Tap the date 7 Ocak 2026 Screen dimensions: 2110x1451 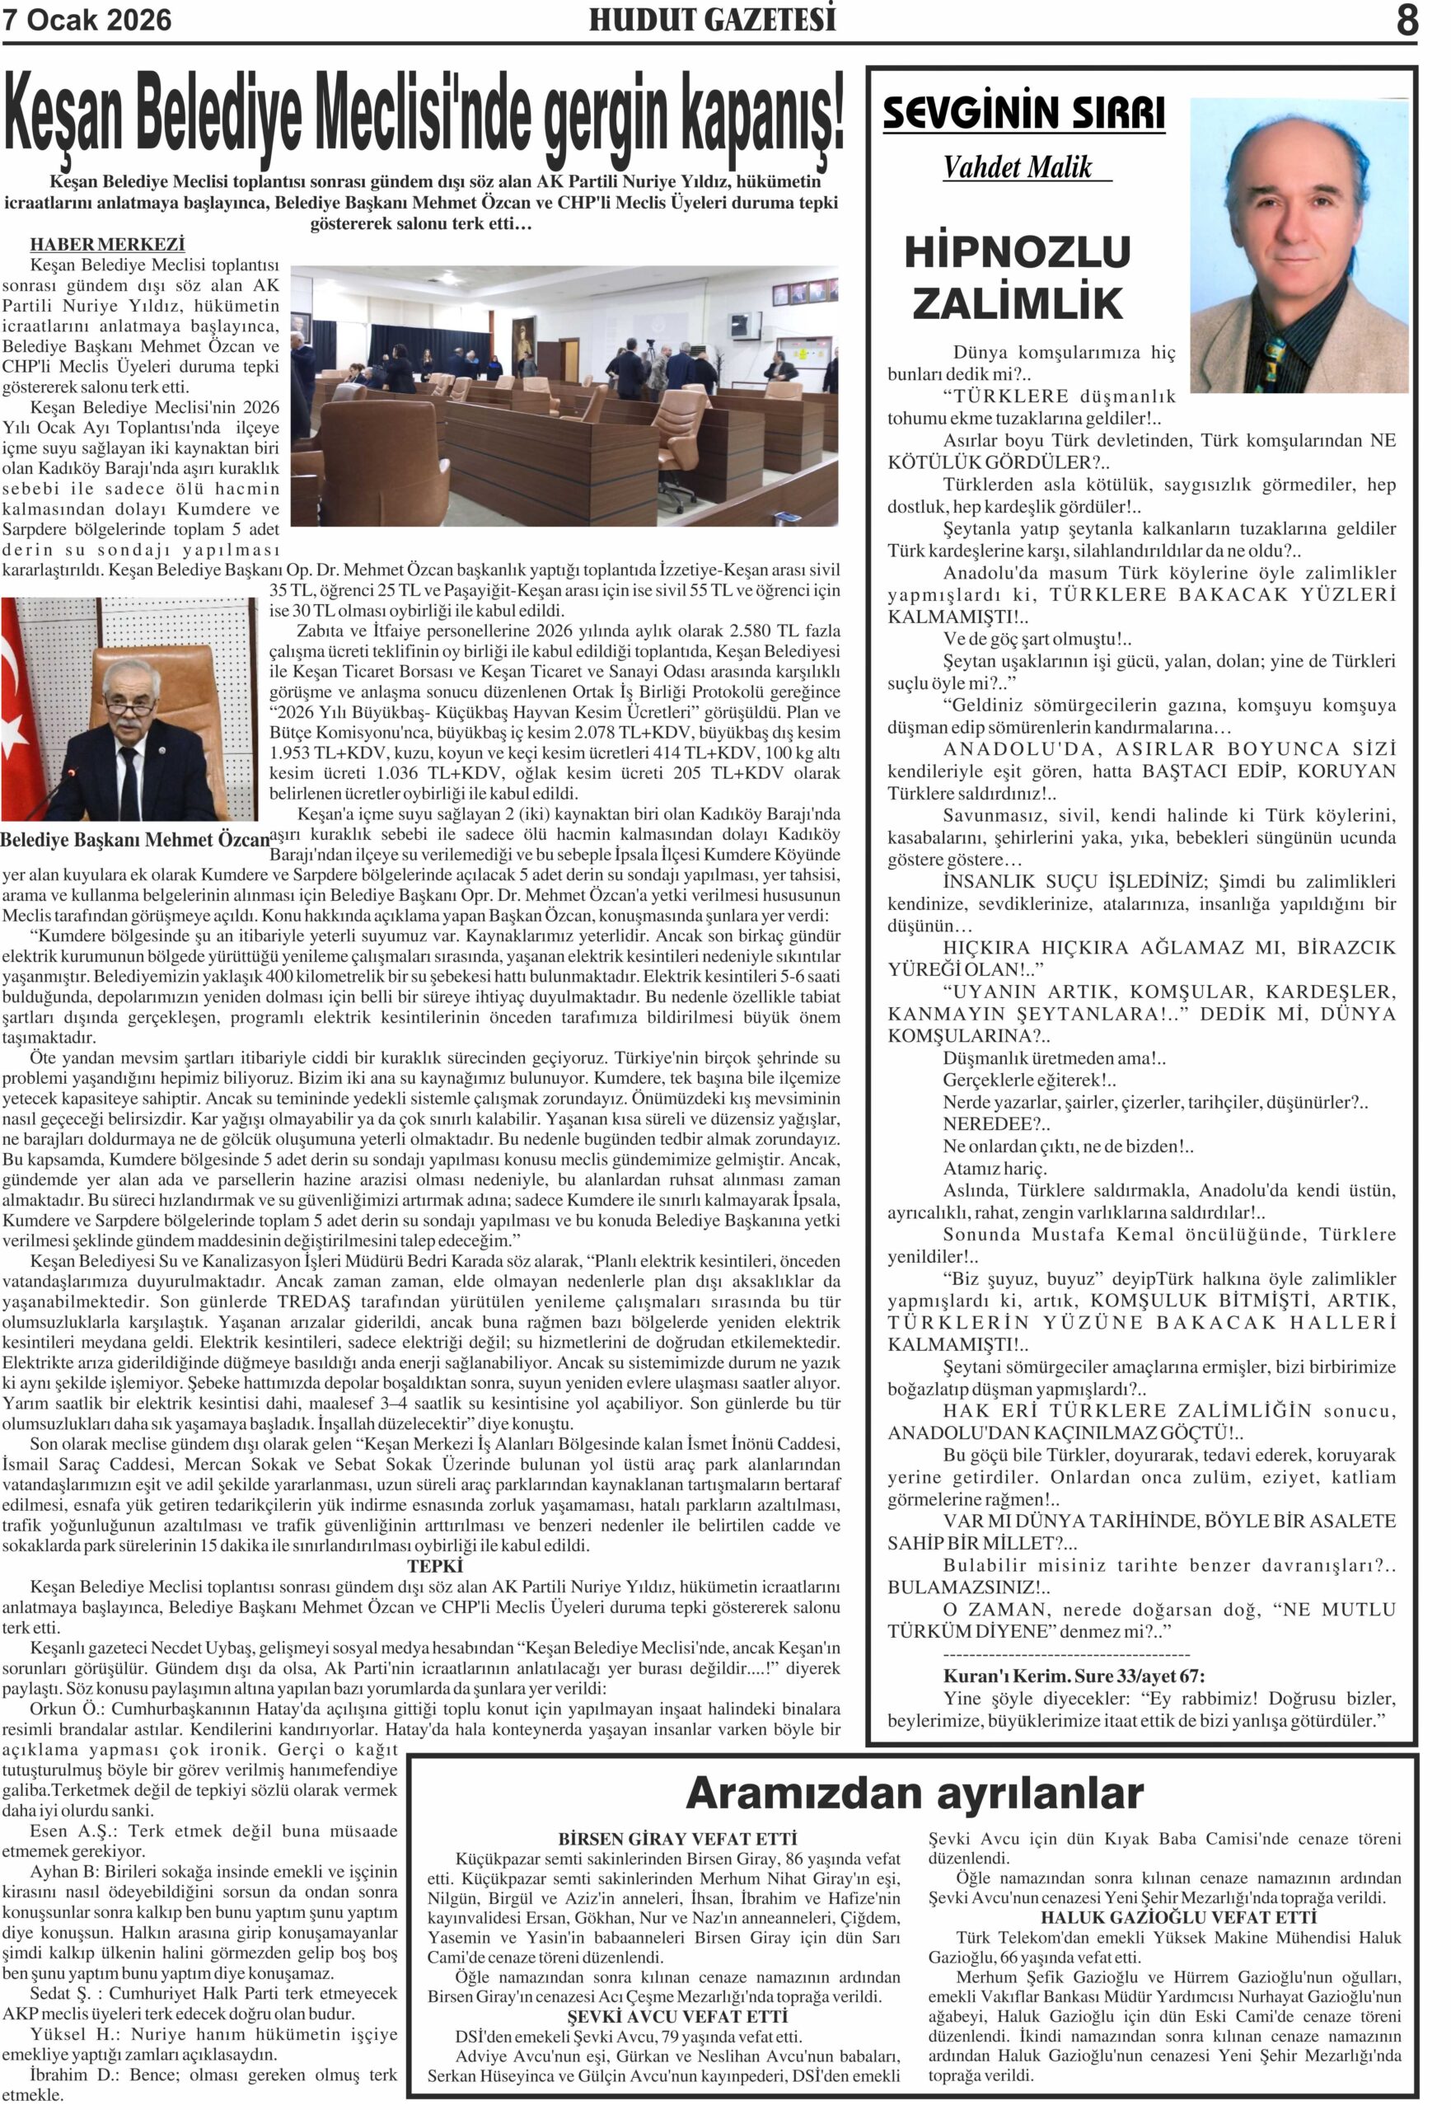click(x=87, y=21)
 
